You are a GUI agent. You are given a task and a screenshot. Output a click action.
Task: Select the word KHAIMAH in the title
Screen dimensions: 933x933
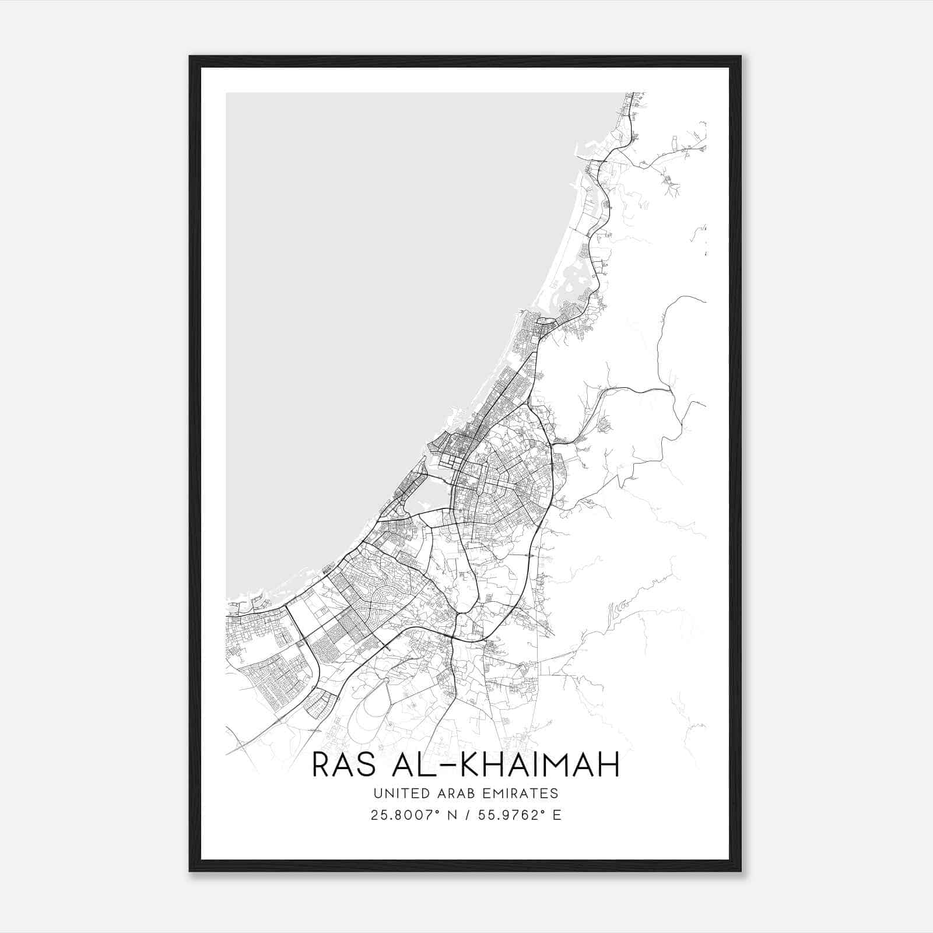[x=540, y=765]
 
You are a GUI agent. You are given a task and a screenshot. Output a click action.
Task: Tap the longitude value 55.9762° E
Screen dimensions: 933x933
[x=519, y=815]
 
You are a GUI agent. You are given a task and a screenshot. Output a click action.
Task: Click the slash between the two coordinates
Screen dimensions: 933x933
[x=468, y=815]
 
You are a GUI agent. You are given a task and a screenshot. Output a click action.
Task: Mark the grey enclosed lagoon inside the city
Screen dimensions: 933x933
[x=430, y=497]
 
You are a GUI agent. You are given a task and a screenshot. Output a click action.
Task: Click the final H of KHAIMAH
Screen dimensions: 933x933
[x=608, y=765]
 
